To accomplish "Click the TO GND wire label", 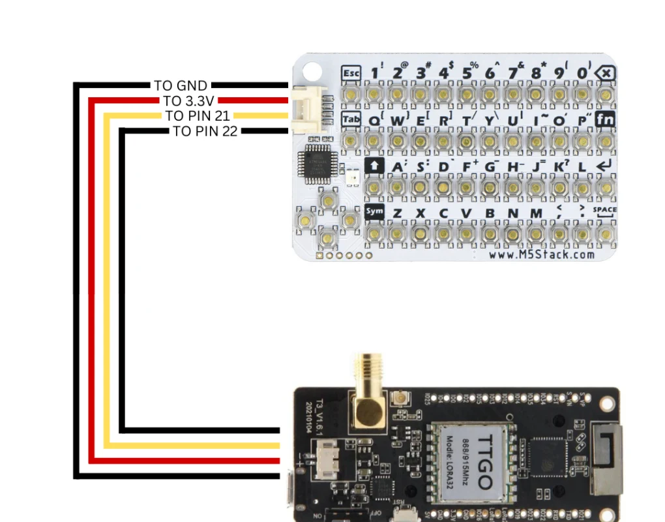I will click(x=181, y=85).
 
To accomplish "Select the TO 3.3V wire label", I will click(x=189, y=100).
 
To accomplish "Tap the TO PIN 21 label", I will click(x=197, y=115).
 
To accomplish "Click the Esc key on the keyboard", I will click(x=351, y=73).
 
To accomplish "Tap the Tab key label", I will click(x=351, y=120).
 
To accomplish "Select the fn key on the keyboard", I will click(x=606, y=120).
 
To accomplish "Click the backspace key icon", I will click(x=606, y=73).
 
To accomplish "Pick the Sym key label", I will click(x=374, y=211).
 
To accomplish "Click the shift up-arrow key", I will click(x=374, y=166).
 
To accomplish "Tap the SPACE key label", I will click(x=604, y=210).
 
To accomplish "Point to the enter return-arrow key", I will click(x=604, y=166).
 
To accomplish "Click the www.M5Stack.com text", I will click(x=541, y=254).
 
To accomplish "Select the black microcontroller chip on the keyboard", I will click(x=315, y=164).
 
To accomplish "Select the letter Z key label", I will click(x=397, y=213).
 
